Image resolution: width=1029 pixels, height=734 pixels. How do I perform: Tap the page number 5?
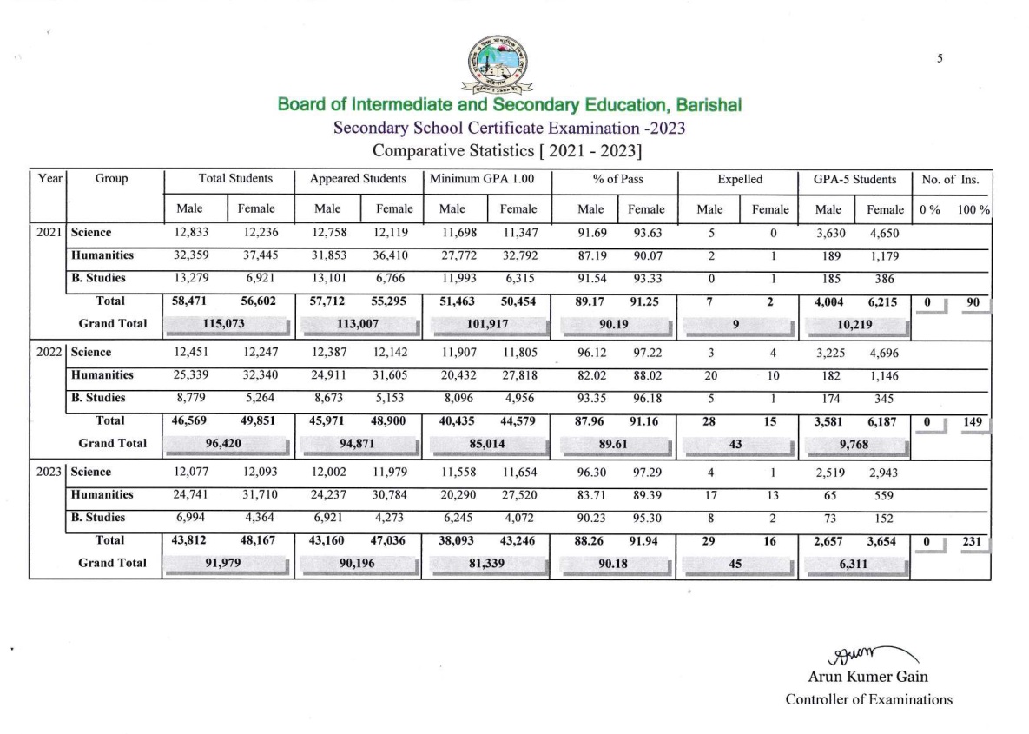tap(940, 58)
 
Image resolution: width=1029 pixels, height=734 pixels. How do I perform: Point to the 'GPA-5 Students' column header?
tap(854, 180)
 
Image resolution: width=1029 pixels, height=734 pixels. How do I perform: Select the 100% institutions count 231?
tap(971, 540)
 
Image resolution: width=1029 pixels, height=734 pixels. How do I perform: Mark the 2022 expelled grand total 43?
tap(735, 444)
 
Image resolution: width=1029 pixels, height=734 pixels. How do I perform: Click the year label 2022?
tap(49, 353)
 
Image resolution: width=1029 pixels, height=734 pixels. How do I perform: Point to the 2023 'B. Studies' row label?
tap(98, 517)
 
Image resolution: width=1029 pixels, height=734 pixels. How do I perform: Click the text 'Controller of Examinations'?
tap(868, 699)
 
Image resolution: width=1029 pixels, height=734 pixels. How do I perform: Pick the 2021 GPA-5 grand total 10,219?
tap(854, 324)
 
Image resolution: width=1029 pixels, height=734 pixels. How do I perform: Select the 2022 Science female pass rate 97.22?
tap(646, 353)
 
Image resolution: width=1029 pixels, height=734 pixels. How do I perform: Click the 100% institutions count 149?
tap(971, 421)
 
